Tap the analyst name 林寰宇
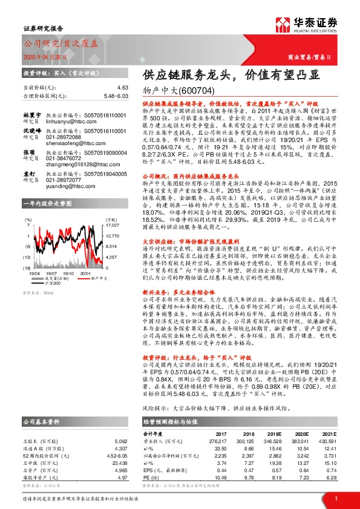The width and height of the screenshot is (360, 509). click(x=32, y=115)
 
